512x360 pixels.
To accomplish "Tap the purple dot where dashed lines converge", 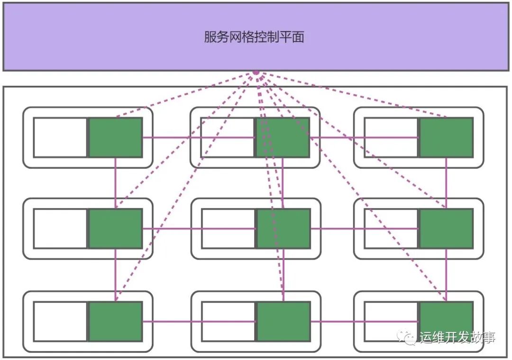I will [256, 73].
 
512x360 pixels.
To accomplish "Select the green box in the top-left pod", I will [116, 137].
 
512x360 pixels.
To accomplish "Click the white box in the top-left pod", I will [60, 137].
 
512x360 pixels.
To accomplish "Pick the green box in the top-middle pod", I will [283, 137].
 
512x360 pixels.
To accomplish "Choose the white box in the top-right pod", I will [391, 137].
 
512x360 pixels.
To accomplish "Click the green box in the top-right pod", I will [446, 137].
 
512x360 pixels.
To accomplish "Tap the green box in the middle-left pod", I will [116, 228].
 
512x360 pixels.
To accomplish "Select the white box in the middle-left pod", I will [60, 228].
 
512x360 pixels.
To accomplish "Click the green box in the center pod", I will [283, 228].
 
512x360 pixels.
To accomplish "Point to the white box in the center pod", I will [229, 228].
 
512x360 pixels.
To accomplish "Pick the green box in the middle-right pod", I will [446, 228].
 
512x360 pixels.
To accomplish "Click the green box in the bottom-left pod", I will [116, 322].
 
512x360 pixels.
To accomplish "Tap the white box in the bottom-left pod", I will [60, 322].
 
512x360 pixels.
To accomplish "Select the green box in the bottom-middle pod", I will [283, 322].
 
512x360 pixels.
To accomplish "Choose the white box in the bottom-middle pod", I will [229, 322].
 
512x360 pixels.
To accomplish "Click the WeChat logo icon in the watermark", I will [407, 338].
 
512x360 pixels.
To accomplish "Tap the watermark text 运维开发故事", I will [457, 338].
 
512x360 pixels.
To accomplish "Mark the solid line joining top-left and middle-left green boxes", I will [116, 182].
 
